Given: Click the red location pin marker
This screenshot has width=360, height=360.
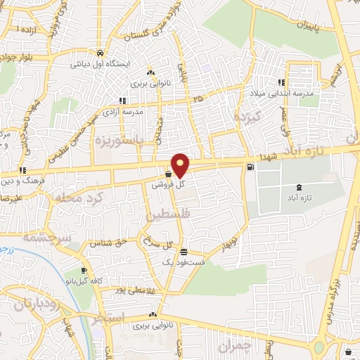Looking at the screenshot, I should click(181, 165).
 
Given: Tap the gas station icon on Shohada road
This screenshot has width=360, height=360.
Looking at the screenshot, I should click(251, 167).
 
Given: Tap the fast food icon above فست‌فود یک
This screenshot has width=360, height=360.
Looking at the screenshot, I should click(184, 252).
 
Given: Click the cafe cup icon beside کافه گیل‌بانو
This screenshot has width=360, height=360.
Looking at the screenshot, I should click(84, 271).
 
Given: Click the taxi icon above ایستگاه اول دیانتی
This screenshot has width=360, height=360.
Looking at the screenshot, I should click(101, 53).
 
